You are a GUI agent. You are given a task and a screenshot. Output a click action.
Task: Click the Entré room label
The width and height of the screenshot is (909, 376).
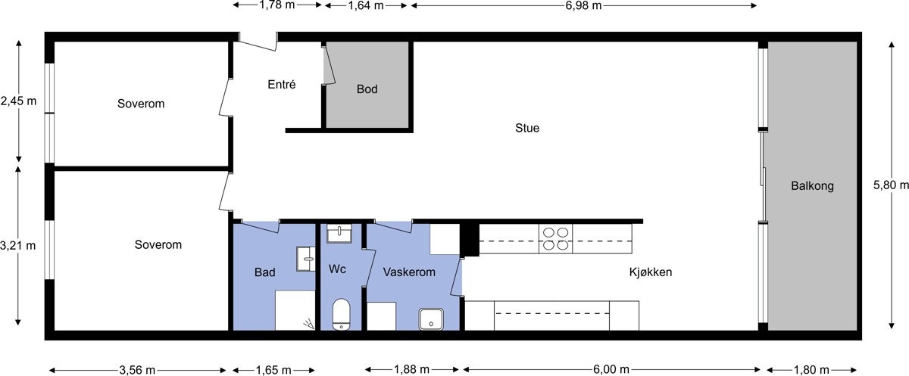click(x=281, y=85)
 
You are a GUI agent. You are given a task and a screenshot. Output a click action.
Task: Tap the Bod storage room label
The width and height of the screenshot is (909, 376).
click(x=367, y=89)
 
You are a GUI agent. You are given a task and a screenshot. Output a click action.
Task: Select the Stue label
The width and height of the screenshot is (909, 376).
click(x=527, y=128)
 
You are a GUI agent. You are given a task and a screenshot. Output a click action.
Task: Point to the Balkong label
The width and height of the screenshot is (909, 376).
click(x=812, y=185)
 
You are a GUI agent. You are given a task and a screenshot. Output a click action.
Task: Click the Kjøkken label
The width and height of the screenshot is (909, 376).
click(x=651, y=272)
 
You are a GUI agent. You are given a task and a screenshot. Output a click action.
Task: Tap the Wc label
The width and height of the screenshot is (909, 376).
click(x=337, y=269)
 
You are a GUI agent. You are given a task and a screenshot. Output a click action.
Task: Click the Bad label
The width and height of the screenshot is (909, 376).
click(x=265, y=272)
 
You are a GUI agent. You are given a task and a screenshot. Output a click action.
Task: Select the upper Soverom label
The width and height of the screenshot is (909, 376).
click(x=141, y=103)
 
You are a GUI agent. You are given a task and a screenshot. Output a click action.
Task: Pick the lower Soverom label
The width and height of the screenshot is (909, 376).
click(x=158, y=245)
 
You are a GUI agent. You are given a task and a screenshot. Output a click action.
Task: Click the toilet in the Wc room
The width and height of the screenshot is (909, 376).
click(x=342, y=314)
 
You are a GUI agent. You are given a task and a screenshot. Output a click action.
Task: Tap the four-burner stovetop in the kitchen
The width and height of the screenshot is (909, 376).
click(x=555, y=238)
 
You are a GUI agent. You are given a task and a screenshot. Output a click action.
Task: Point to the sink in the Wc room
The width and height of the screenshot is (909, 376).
click(x=340, y=234)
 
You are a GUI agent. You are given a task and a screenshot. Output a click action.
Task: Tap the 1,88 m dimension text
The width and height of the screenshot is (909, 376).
click(x=413, y=370)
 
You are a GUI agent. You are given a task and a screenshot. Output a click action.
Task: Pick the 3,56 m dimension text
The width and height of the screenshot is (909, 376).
click(x=137, y=370)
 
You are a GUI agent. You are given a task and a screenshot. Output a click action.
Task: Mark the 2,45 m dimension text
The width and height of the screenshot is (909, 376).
click(x=18, y=101)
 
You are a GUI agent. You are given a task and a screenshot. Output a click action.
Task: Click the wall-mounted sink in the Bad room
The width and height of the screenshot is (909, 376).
click(x=307, y=257)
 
